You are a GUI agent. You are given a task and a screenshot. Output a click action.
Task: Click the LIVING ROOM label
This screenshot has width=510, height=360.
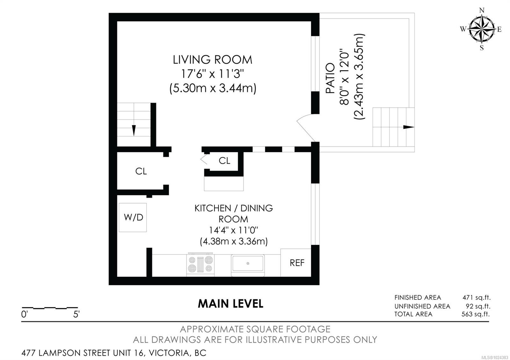(x=212, y=60)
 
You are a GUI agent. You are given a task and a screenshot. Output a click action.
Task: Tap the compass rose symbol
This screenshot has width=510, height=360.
(x=481, y=29)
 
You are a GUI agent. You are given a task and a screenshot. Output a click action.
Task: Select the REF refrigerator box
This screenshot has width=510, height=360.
(x=296, y=263)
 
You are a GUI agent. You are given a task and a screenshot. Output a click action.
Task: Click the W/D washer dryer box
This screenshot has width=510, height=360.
(x=133, y=218)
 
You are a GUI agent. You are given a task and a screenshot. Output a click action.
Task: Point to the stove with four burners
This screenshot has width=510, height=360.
(x=200, y=264)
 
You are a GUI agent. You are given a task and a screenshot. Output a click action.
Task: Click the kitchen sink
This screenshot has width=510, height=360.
(x=248, y=263)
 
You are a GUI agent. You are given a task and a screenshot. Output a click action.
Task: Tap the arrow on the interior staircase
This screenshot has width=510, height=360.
(x=134, y=130)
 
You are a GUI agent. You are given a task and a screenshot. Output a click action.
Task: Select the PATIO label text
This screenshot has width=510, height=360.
(x=330, y=78)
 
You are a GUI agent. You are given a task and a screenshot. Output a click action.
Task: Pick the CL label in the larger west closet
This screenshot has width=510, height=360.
(x=141, y=171)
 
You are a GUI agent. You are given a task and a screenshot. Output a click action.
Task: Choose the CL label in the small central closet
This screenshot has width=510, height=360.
(x=224, y=161)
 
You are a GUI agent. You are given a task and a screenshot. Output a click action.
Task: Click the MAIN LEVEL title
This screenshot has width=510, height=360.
(x=230, y=304)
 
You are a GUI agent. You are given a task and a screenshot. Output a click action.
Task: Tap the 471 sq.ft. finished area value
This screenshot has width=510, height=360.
(x=476, y=298)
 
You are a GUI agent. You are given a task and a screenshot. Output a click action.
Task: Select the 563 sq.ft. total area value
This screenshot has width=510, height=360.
(x=476, y=314)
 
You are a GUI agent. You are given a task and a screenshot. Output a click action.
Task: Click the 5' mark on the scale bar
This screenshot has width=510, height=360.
(x=76, y=314)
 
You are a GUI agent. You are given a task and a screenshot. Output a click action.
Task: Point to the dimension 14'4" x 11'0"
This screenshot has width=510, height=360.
(x=233, y=230)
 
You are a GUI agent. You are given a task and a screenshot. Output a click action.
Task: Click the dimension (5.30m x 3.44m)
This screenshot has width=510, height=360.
(x=213, y=88)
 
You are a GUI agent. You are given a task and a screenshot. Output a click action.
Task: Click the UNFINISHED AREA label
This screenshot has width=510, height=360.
(x=422, y=306)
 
